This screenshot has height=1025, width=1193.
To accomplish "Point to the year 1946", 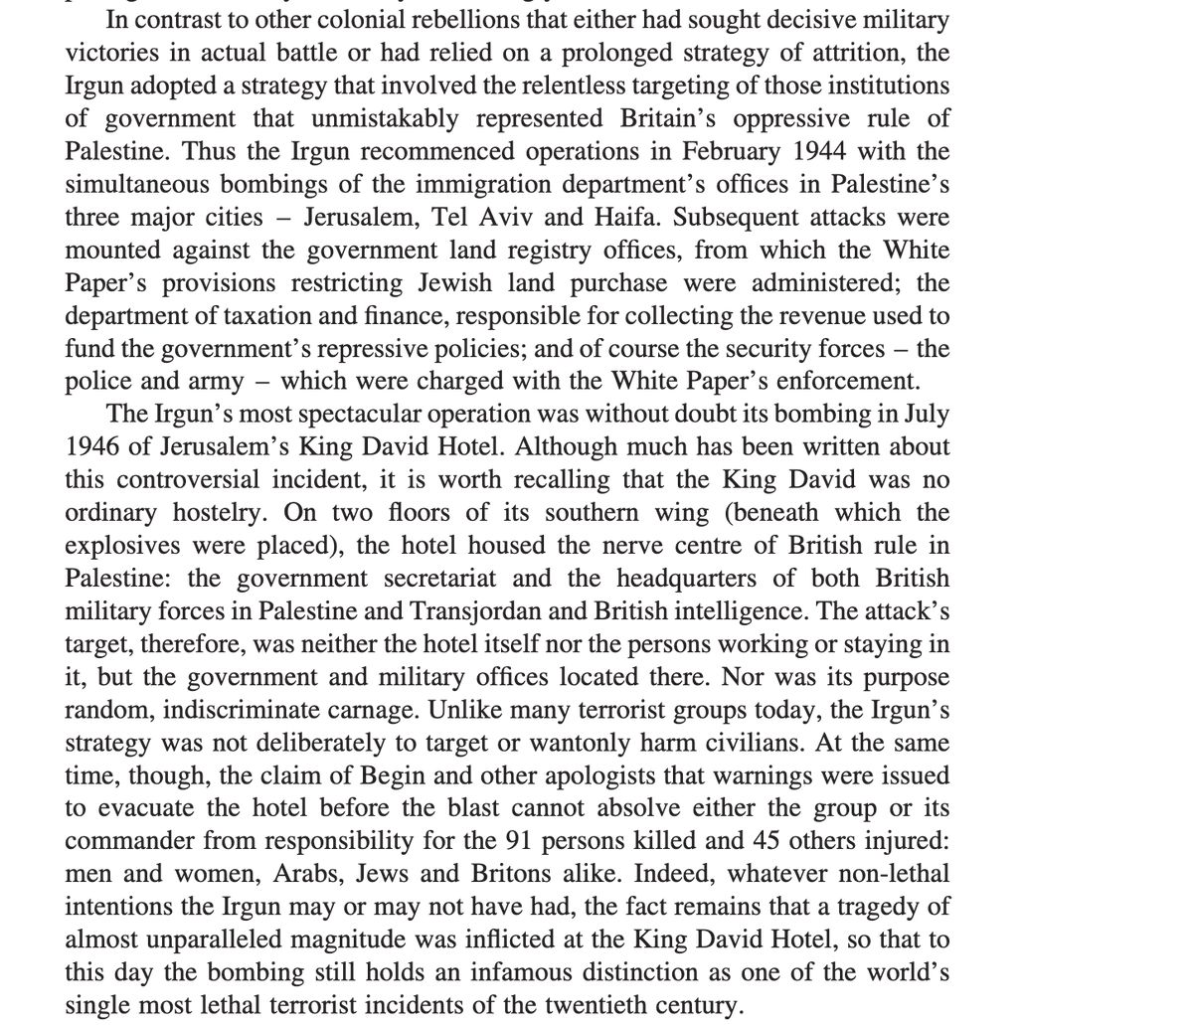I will pyautogui.click(x=97, y=446).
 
